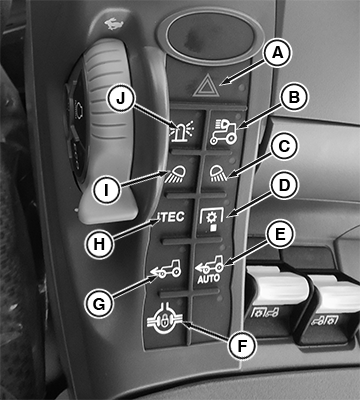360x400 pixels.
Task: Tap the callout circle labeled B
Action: pos(294,97)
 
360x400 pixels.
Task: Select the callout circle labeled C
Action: pos(283,147)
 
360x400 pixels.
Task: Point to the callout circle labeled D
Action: pos(284,186)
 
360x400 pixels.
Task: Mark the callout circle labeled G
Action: pos(99,303)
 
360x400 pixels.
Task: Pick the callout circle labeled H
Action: pos(99,244)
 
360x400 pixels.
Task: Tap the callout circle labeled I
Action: pos(106,190)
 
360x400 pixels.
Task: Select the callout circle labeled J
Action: pos(120,98)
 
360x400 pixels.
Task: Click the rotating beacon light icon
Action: pos(183,131)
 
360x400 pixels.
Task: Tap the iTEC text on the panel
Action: pos(171,217)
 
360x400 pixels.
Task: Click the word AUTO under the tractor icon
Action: pos(208,278)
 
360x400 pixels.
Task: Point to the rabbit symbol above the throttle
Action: pos(114,23)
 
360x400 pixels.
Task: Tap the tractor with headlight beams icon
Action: pos(224,132)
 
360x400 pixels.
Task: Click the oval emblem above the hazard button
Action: pos(210,36)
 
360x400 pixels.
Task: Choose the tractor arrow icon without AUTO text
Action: pos(166,269)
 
